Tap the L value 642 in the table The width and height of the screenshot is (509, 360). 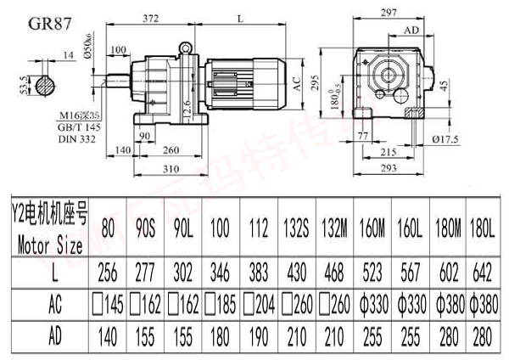[483, 273]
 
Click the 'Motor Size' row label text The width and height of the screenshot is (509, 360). [49, 247]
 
